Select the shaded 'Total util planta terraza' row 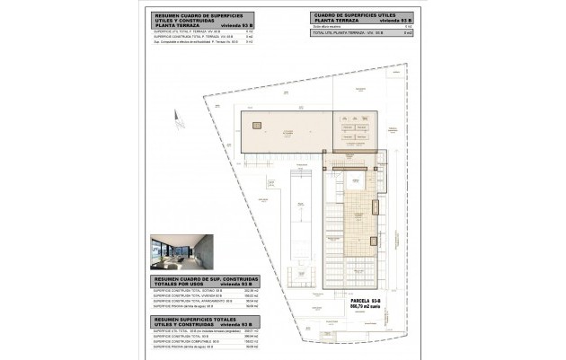pyautogui.click(x=359, y=33)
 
